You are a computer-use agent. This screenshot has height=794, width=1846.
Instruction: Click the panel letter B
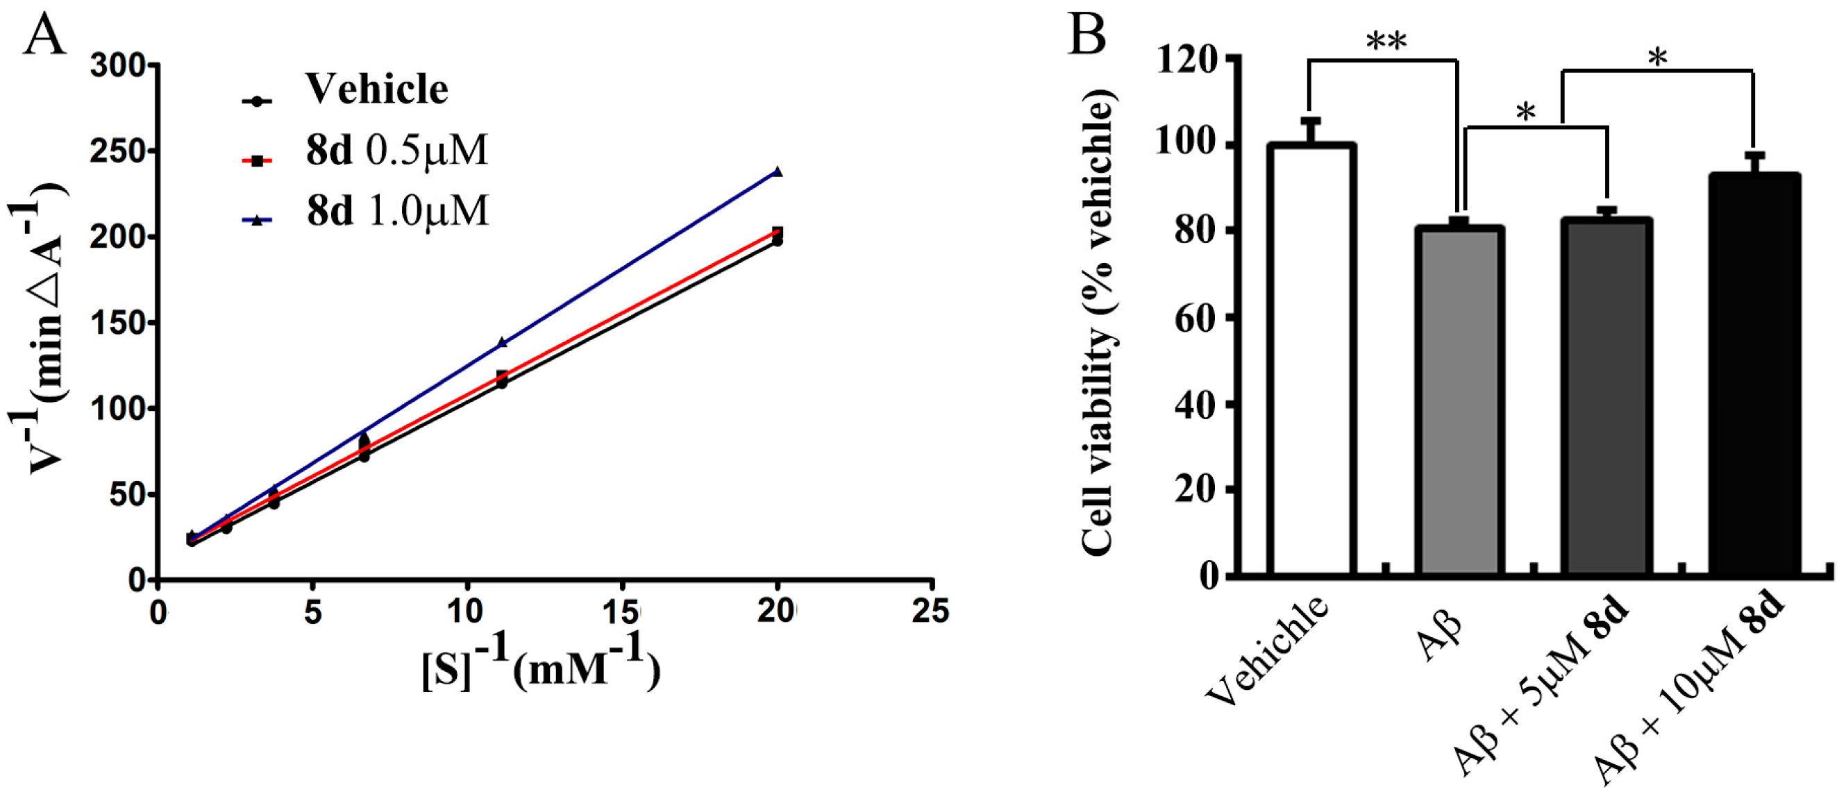click(x=1086, y=34)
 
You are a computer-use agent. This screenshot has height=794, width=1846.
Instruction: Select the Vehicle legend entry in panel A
click(x=377, y=90)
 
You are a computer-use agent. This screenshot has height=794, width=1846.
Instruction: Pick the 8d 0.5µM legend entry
click(x=396, y=151)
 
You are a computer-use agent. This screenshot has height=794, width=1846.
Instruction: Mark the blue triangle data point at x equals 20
click(x=777, y=172)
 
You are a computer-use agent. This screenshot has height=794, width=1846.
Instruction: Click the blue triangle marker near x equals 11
click(x=502, y=343)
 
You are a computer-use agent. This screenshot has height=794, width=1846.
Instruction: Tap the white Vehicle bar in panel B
click(x=1310, y=358)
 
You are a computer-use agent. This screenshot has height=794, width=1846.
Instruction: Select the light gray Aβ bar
click(x=1459, y=401)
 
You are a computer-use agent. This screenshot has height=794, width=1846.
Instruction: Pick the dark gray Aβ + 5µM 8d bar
click(x=1607, y=398)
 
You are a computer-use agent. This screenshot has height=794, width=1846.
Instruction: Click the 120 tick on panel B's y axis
click(x=1186, y=59)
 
